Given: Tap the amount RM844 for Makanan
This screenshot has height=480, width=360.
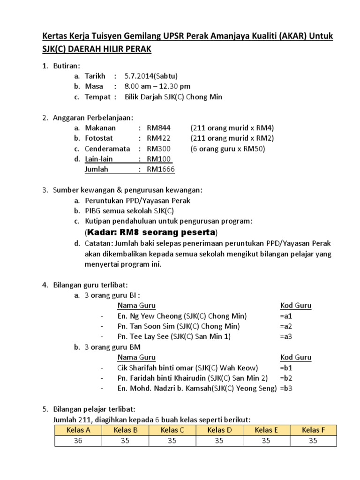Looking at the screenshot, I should [159, 127].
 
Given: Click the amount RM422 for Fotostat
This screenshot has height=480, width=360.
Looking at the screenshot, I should [159, 138].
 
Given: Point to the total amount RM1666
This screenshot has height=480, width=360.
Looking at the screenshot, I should [161, 169].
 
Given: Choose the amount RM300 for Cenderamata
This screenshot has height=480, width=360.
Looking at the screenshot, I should [159, 149].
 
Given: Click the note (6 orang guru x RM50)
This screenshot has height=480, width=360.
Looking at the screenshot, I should [228, 149].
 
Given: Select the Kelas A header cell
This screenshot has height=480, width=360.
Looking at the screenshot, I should [78, 430].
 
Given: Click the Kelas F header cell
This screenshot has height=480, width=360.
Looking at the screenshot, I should [313, 430].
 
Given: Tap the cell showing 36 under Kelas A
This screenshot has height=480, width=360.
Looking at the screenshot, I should [78, 441].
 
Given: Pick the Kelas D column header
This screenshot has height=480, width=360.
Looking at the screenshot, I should [219, 430].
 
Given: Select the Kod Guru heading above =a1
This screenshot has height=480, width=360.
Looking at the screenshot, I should [295, 306].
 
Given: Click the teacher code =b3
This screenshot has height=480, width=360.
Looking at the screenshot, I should [286, 389].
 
